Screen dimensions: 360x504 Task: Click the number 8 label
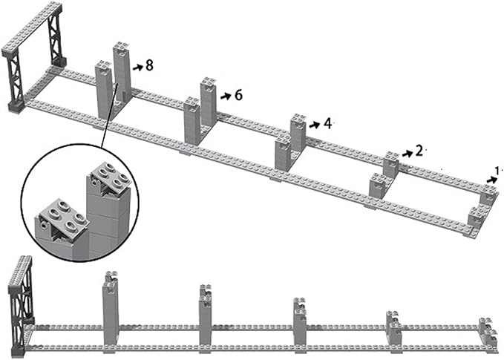(x=149, y=66)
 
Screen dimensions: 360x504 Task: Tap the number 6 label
(x=238, y=95)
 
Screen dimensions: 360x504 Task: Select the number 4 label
(x=327, y=123)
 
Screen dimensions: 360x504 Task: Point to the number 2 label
(x=419, y=151)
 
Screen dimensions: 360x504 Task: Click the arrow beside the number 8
(x=137, y=67)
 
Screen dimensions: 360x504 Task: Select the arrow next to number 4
(x=315, y=124)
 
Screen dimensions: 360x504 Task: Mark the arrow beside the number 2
(x=407, y=152)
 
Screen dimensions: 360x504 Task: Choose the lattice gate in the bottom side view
(x=19, y=297)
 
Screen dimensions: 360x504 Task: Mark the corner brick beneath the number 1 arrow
(x=488, y=196)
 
